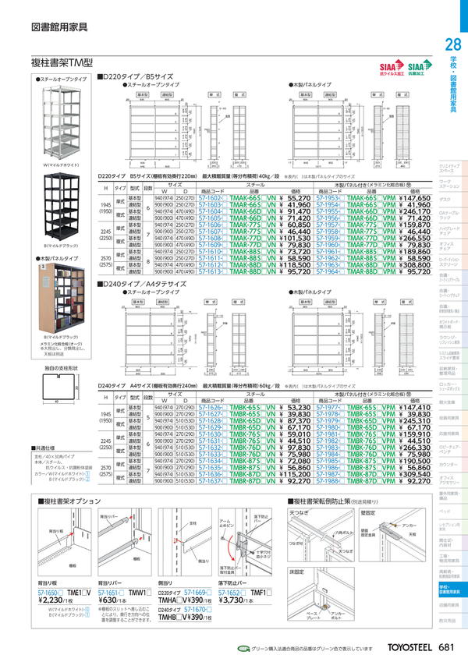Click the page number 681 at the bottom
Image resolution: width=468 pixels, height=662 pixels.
pos(447,648)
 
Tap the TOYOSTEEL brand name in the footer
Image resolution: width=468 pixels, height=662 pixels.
pos(408,648)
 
